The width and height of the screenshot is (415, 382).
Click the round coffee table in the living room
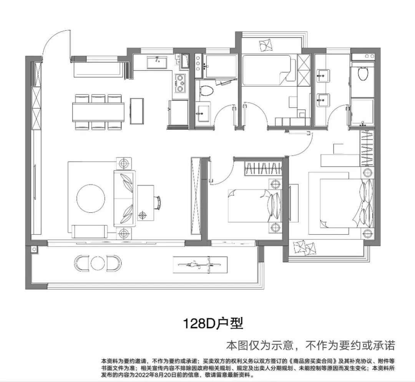[x=91, y=198]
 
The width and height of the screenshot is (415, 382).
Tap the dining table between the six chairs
[x=98, y=112]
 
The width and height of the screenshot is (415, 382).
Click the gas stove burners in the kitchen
[x=180, y=83]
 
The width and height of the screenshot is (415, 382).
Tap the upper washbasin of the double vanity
[x=323, y=76]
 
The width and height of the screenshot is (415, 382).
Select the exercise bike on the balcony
[x=200, y=264]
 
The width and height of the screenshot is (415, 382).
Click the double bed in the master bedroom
[x=342, y=203]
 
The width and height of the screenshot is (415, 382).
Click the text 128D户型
[x=213, y=323]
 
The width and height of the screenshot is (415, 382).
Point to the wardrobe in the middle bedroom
[x=262, y=168]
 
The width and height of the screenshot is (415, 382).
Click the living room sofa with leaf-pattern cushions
[x=124, y=199]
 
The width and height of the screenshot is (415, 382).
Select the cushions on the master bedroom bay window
[x=304, y=248]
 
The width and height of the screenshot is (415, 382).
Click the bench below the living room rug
[x=90, y=231]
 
